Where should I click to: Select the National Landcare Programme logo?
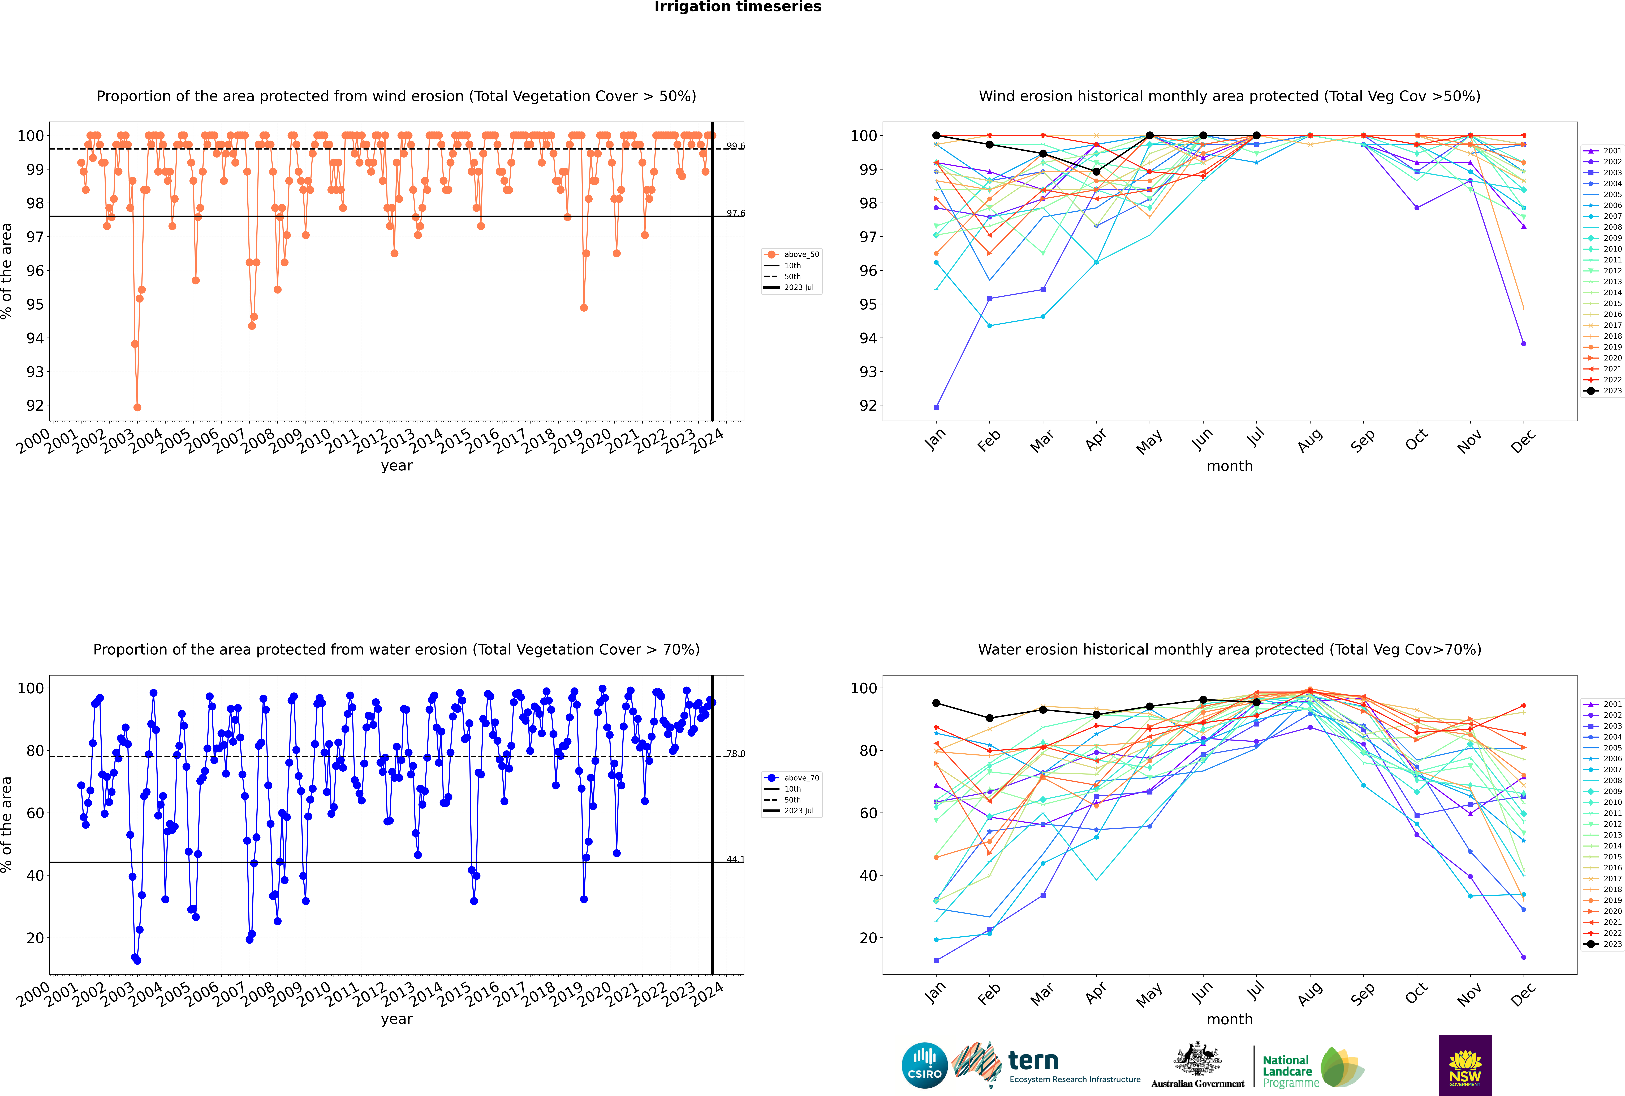pos(1313,1067)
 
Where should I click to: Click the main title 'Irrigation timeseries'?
pos(738,7)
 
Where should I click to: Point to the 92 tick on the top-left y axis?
pos(35,405)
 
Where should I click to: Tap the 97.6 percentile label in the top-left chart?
pos(736,213)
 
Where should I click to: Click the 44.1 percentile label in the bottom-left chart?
pos(736,859)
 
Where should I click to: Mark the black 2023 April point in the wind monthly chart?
pos(1096,171)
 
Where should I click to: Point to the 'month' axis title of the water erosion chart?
pos(1230,1019)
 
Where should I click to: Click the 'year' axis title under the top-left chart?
pos(397,466)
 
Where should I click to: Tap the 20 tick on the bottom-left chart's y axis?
pos(35,938)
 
